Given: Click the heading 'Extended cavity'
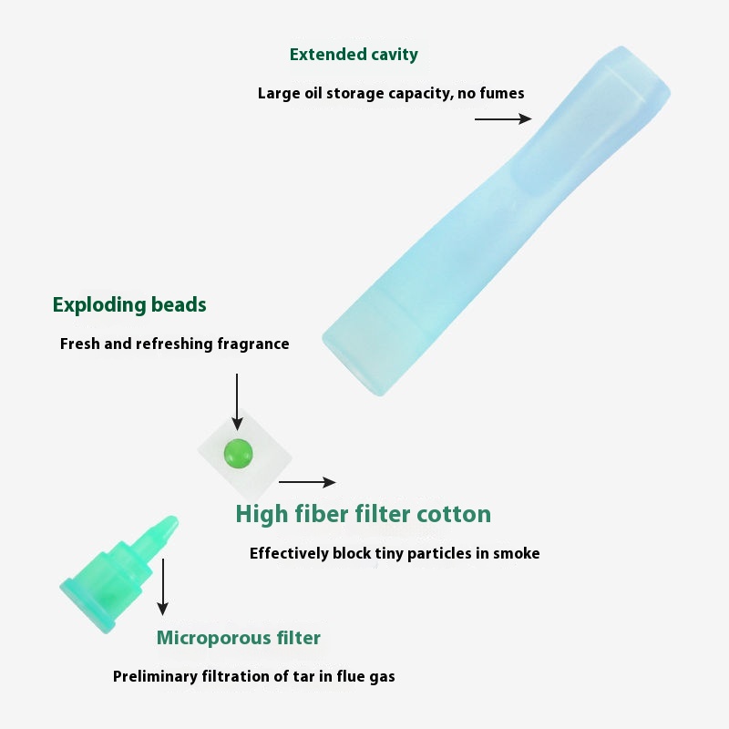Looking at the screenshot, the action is [354, 55].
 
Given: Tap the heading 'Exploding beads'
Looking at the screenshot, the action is [129, 305].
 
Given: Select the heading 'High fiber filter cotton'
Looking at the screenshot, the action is [363, 514].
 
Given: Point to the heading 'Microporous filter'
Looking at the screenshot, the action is [239, 637].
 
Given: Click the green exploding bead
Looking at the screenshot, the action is [239, 453].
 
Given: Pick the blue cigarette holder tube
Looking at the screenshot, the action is [496, 221].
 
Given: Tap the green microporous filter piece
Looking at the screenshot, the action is [119, 575].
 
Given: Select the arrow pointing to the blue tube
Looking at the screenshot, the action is [503, 119].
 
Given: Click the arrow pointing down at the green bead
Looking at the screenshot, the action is [237, 402].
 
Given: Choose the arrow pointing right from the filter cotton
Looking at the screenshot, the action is [307, 482].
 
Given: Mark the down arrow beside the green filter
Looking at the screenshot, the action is [163, 587].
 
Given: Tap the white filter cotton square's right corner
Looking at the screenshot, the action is [292, 457].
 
